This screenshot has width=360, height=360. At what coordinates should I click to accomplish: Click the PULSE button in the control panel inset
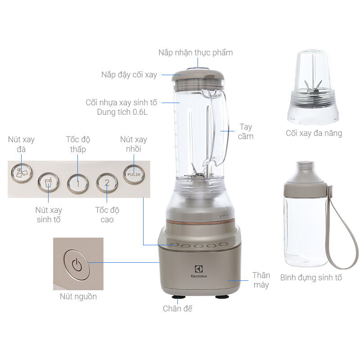tap(134, 174)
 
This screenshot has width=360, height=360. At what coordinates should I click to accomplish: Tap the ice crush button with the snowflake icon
tap(20, 172)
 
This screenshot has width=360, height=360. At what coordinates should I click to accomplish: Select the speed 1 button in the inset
tap(77, 183)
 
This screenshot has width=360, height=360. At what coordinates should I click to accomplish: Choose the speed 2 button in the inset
tap(107, 183)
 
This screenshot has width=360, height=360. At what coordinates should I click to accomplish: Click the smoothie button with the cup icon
tap(48, 183)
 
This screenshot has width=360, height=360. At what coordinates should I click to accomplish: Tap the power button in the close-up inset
tap(77, 264)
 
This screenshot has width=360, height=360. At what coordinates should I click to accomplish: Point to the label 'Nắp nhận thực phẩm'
tap(195, 53)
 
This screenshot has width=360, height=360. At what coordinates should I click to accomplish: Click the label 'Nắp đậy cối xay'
tap(129, 75)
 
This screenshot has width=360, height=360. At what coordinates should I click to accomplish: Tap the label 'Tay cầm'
tap(246, 131)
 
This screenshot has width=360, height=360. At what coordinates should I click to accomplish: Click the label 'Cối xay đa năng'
tap(314, 133)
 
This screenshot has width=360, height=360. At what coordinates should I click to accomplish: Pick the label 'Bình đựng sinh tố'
tap(311, 278)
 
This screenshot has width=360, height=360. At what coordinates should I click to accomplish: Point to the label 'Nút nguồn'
tap(78, 297)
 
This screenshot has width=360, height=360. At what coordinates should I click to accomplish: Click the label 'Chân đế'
tap(177, 309)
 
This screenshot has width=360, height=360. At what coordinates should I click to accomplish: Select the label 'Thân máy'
tap(261, 280)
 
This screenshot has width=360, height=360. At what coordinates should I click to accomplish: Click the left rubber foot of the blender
tap(178, 297)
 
